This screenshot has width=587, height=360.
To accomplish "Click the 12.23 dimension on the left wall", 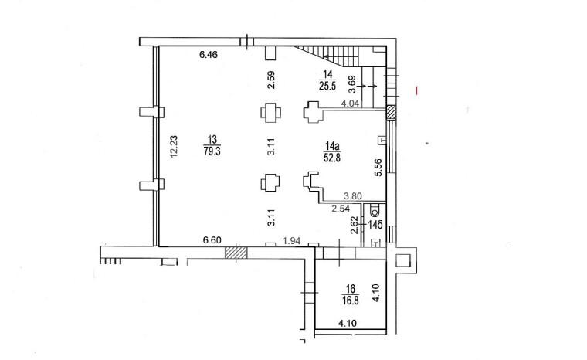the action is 174,147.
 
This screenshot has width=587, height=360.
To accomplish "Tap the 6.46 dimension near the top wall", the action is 209,55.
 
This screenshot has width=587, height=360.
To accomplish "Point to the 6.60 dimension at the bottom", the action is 212,240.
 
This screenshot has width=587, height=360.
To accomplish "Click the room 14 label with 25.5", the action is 327,81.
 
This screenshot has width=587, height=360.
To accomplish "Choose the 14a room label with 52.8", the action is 332,151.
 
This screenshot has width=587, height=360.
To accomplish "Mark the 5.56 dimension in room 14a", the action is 378,168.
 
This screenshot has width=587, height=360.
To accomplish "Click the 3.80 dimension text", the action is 353,196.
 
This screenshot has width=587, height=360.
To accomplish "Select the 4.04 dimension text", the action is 350,104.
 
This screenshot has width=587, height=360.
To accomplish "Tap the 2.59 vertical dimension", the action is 271,80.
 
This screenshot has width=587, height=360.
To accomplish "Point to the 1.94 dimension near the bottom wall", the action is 292,241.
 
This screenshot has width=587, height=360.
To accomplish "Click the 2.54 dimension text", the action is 341,209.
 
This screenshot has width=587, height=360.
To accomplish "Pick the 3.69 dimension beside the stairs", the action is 352,85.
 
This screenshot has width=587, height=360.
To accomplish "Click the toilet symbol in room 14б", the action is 374,211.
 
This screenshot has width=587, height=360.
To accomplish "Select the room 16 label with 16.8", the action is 351,294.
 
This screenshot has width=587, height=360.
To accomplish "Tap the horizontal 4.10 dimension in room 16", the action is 348,323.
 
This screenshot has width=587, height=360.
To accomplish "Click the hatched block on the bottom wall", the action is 236,253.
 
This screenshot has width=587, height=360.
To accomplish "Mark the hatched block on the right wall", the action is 392,112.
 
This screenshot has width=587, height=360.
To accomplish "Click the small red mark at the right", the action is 416,90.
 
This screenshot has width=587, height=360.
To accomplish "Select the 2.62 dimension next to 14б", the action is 355,225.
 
